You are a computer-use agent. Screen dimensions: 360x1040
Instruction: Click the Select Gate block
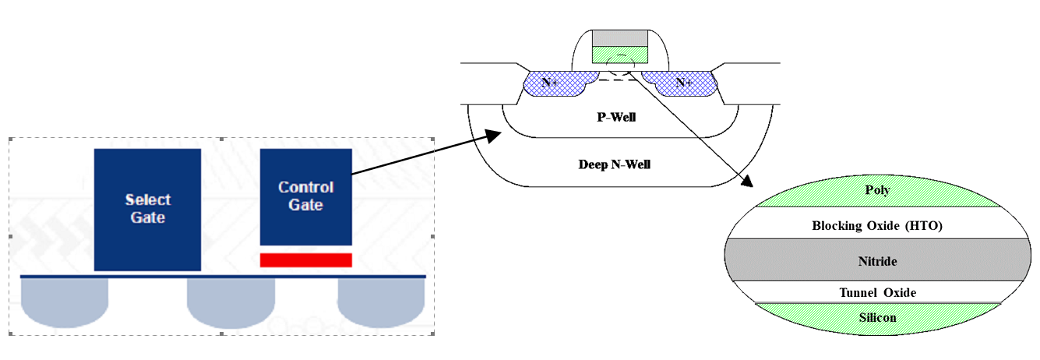[x=147, y=209]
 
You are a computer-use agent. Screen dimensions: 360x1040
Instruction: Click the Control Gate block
[x=305, y=196]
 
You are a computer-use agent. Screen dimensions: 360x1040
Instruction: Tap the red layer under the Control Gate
[x=305, y=259]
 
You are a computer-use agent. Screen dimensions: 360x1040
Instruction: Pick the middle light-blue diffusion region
[x=231, y=302]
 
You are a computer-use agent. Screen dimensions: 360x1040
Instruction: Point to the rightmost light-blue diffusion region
[x=381, y=302]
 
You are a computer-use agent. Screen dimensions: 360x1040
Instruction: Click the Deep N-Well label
[x=614, y=164]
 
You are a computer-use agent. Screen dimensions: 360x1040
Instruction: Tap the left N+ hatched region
[x=552, y=83]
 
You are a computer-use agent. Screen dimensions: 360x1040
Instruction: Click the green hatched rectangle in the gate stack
[x=620, y=55]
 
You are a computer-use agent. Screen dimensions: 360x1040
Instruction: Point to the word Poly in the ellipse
[x=877, y=190]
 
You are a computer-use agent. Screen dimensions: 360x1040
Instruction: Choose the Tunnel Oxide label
[x=877, y=292]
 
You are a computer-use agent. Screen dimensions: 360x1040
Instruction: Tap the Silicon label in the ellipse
[x=877, y=317]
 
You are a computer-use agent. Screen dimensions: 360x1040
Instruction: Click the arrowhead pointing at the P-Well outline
[x=492, y=136]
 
